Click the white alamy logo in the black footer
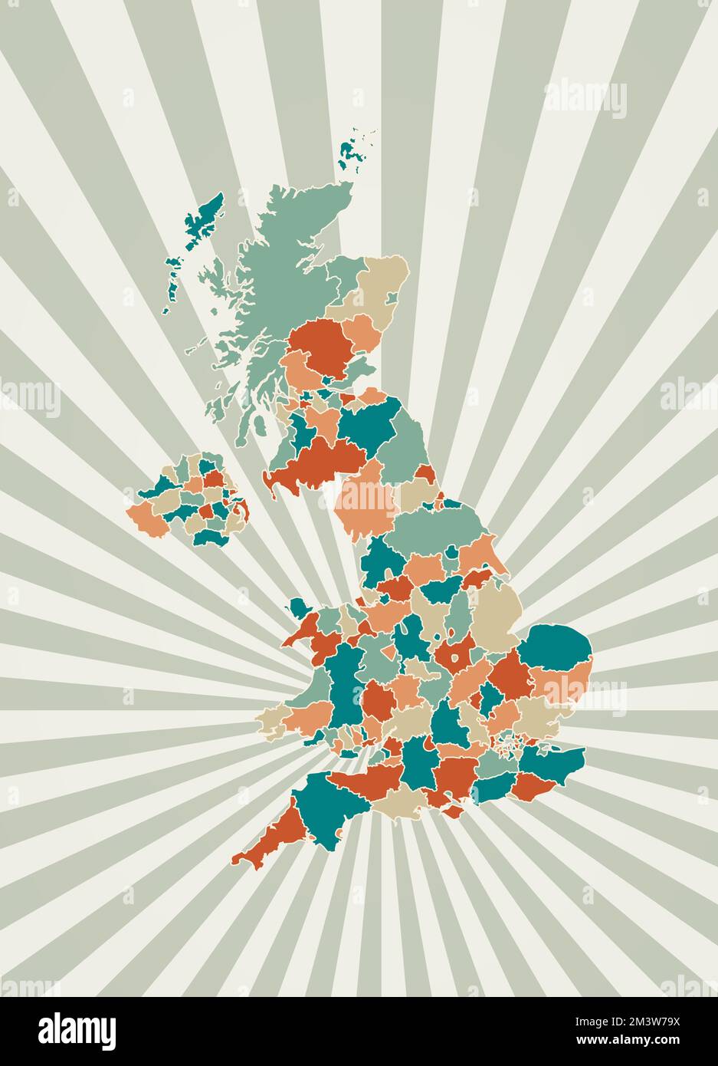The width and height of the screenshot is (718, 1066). pyautogui.click(x=77, y=1030)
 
